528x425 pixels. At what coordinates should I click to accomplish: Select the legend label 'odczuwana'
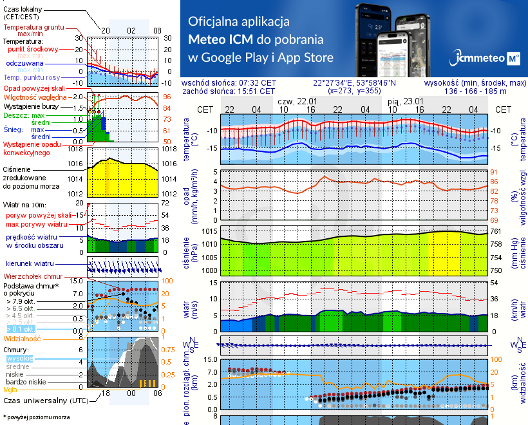24,64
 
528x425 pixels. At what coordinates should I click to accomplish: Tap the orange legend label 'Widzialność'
23,338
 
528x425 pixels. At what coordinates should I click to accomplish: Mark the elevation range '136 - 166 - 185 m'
475,91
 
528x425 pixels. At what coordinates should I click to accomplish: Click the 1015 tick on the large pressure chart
209,231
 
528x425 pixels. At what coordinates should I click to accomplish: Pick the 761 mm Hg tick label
495,231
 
